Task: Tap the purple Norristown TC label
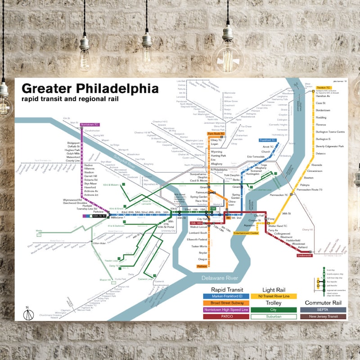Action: (x=90, y=124)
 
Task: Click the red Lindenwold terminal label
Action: (x=305, y=255)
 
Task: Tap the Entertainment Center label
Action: (x=246, y=233)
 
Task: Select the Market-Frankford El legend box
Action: (x=226, y=296)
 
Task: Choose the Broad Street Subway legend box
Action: (x=226, y=303)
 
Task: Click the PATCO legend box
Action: (x=226, y=316)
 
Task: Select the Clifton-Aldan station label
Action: (x=99, y=243)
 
